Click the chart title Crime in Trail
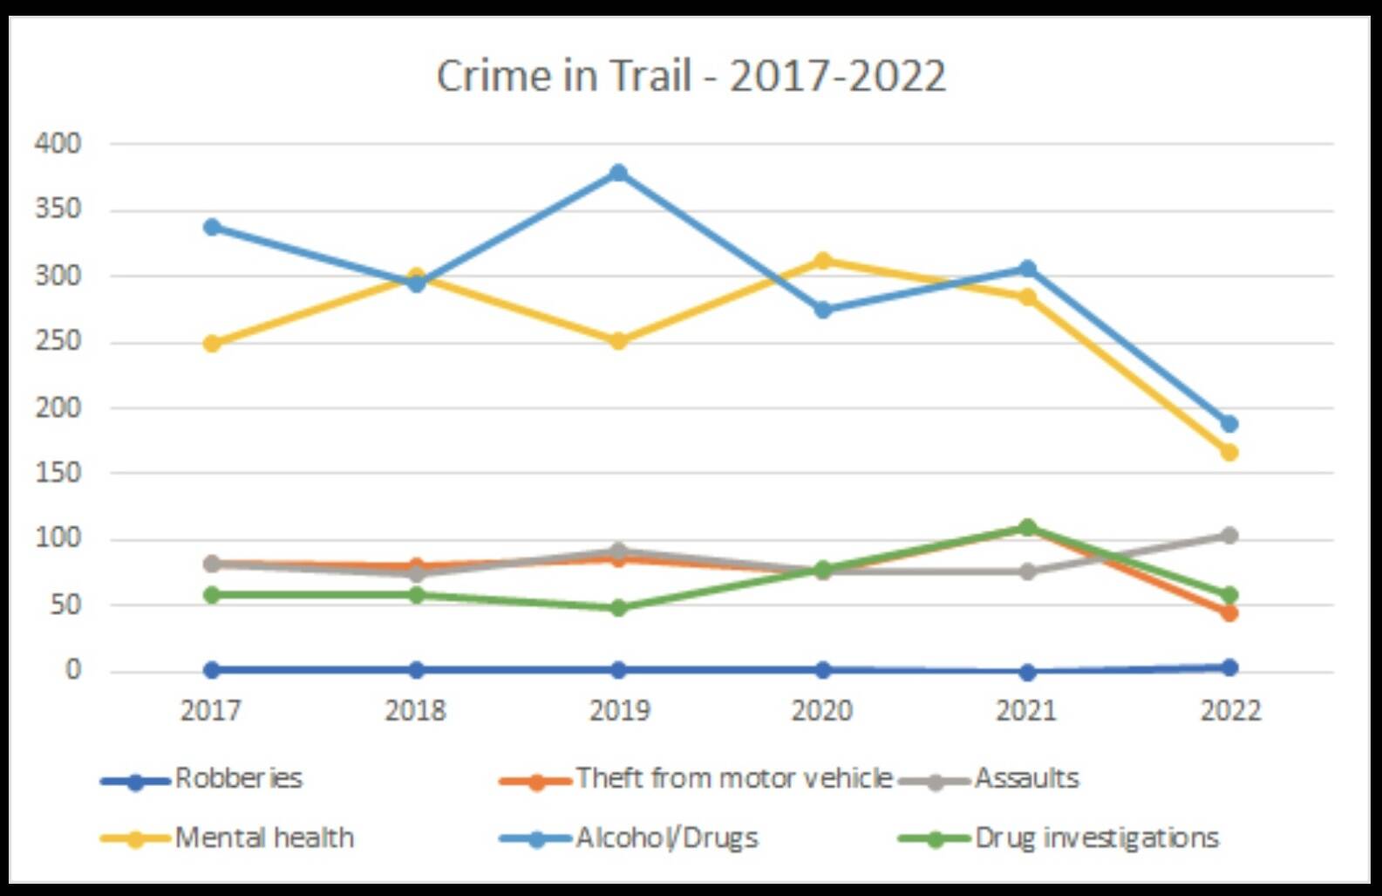pyautogui.click(x=690, y=76)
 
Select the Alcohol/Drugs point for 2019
pyautogui.click(x=618, y=173)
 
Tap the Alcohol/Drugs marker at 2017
pyautogui.click(x=212, y=227)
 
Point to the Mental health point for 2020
pyautogui.click(x=822, y=261)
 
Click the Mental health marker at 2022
pyautogui.click(x=1229, y=452)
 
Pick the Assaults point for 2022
pyautogui.click(x=1229, y=535)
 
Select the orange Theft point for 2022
pyautogui.click(x=1229, y=613)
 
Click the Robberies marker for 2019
pyautogui.click(x=618, y=669)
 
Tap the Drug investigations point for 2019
pyautogui.click(x=618, y=607)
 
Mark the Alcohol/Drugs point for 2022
pyautogui.click(x=1229, y=424)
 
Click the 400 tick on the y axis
pyautogui.click(x=58, y=143)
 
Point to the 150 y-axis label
pyautogui.click(x=58, y=473)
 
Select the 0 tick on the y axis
pyautogui.click(x=72, y=670)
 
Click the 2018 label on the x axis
pyautogui.click(x=415, y=710)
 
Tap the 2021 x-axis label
pyautogui.click(x=1026, y=710)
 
